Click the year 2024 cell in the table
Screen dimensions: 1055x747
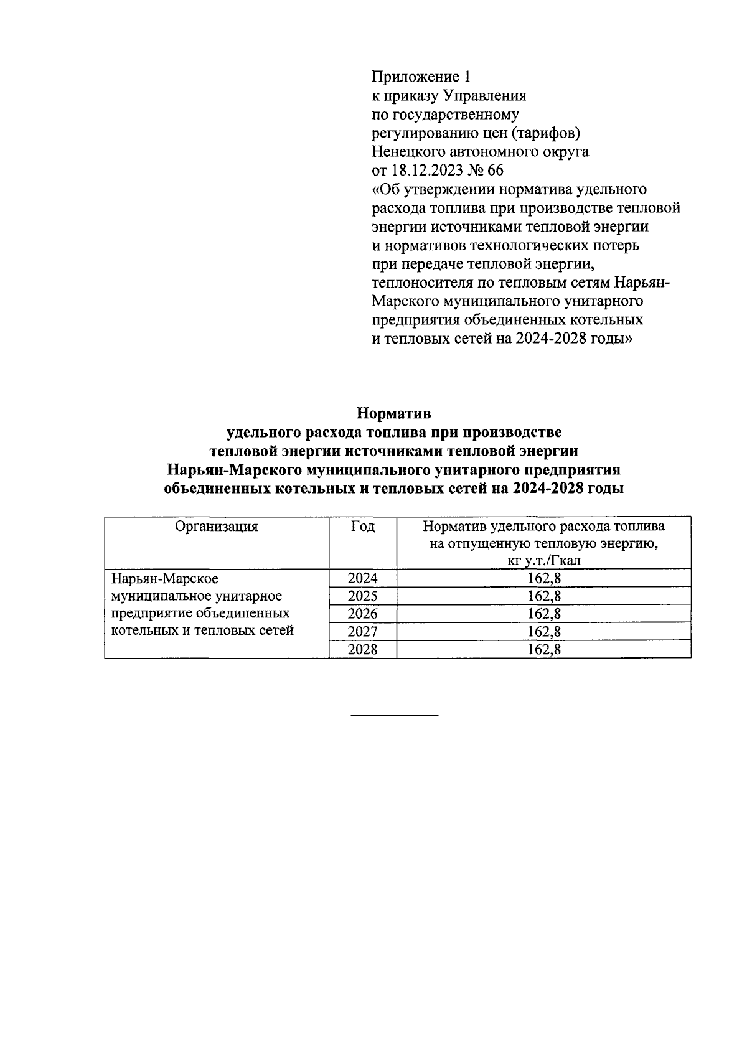click(362, 578)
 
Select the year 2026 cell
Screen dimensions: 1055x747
click(362, 614)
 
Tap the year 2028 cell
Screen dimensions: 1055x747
click(362, 650)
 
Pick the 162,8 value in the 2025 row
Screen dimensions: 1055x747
click(544, 596)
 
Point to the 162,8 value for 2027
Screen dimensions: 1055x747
click(544, 632)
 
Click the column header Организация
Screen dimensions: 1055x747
click(216, 527)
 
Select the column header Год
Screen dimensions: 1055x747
click(362, 527)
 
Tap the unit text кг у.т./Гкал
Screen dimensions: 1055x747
click(544, 561)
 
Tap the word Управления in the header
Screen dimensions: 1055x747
click(484, 96)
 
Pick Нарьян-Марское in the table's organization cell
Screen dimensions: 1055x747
click(164, 579)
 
